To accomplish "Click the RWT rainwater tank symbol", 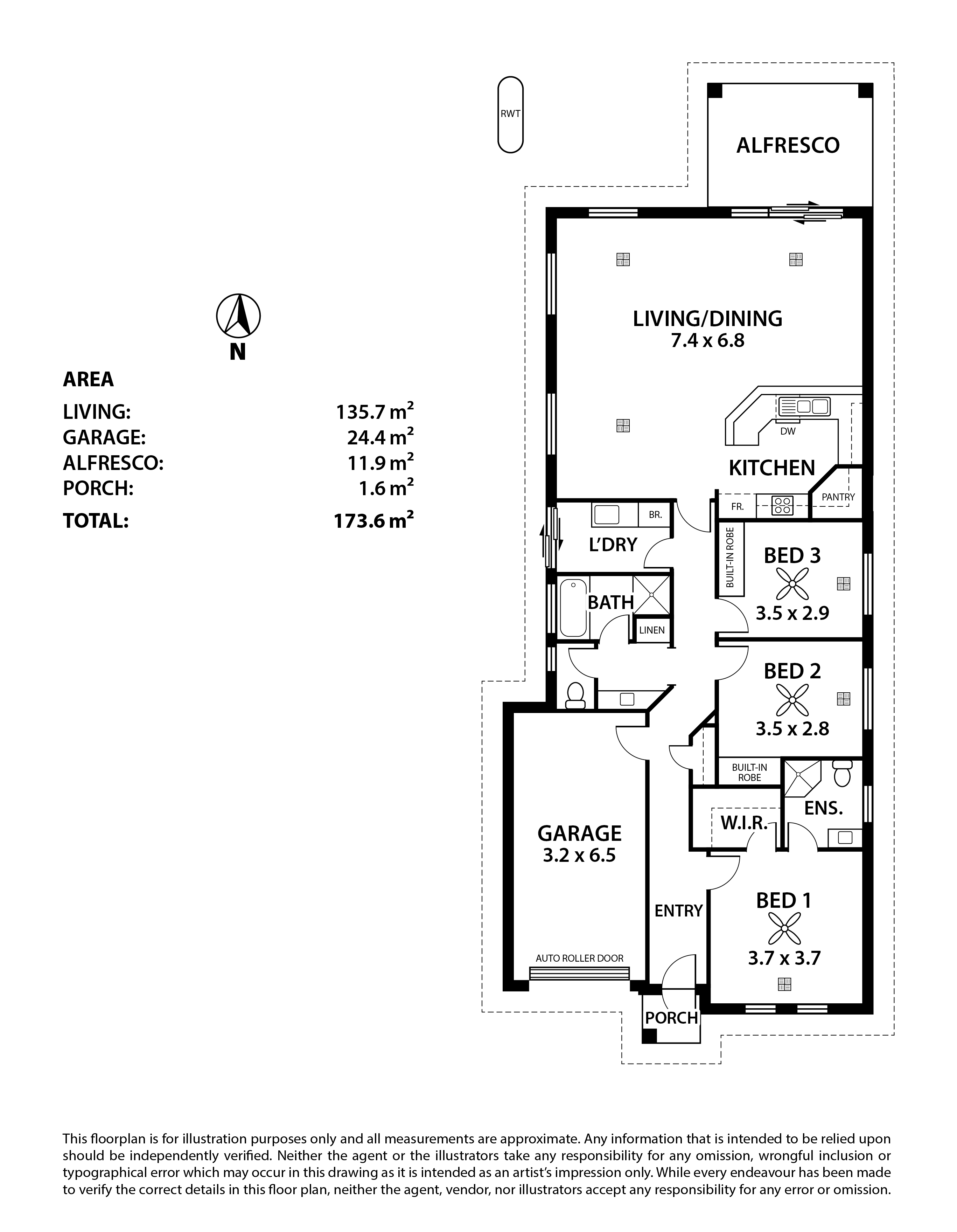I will click(510, 115).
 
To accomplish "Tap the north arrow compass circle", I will click(238, 316).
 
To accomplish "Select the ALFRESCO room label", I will click(788, 146).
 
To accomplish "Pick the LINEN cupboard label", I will click(652, 630).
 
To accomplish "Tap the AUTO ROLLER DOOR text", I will click(579, 958).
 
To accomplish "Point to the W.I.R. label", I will click(744, 824).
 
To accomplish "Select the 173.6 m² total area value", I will click(374, 520).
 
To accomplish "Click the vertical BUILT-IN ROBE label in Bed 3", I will click(730, 558).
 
